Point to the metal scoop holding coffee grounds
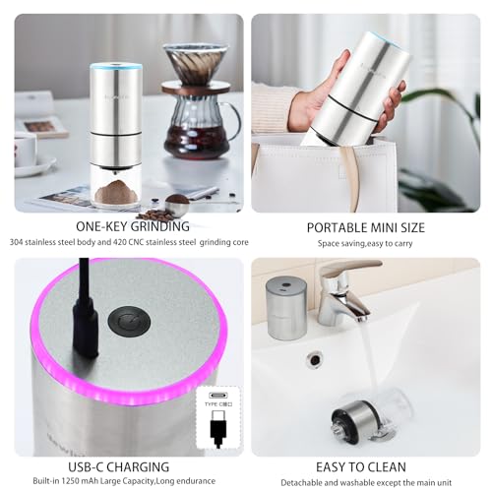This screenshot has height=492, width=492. click(177, 204)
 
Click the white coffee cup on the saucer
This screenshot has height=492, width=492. click(25, 150)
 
